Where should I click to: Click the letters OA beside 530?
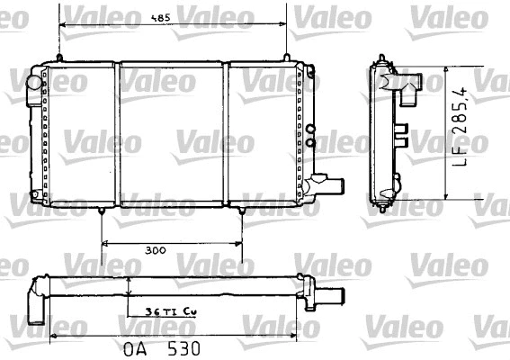click(x=132, y=346)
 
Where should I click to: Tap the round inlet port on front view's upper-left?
click(x=34, y=82)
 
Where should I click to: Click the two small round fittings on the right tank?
click(x=310, y=135)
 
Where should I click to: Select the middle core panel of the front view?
click(x=172, y=135)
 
